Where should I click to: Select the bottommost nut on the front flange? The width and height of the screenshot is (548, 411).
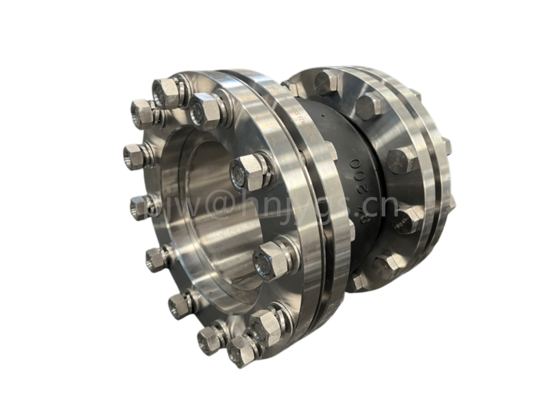[x=241, y=351]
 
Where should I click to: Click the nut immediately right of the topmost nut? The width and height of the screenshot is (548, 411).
[x=205, y=110]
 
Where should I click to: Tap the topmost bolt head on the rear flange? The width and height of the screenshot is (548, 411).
[x=327, y=82]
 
